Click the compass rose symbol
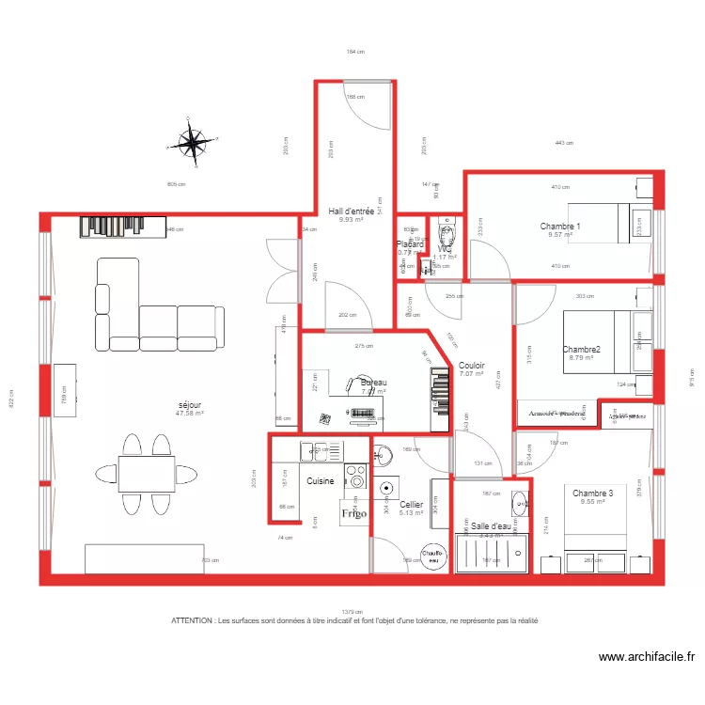193,143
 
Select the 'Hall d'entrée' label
352,211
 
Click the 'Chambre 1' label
560,227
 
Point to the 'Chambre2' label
581,350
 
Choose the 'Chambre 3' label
592,493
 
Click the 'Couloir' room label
471,366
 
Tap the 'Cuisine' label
320,481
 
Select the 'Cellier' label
411,505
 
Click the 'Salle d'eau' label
492,526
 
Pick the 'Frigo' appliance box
353,513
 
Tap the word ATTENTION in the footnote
192,621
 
